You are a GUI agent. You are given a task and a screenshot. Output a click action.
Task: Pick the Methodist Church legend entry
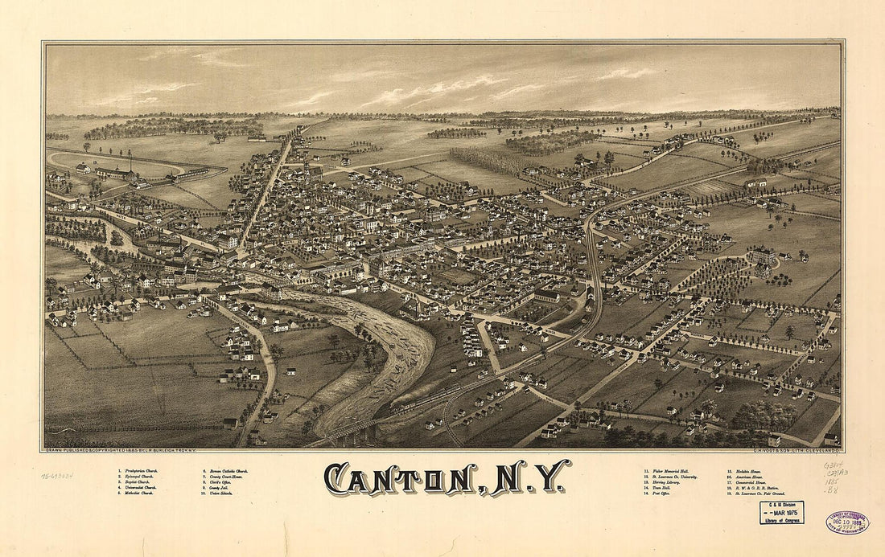(136, 493)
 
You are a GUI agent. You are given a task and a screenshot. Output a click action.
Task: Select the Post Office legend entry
(661, 493)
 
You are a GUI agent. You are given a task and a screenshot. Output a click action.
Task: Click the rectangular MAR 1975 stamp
(781, 513)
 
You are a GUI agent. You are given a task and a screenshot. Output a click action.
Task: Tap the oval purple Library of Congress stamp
(846, 522)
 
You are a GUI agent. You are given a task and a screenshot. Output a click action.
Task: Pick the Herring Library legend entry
(663, 481)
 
